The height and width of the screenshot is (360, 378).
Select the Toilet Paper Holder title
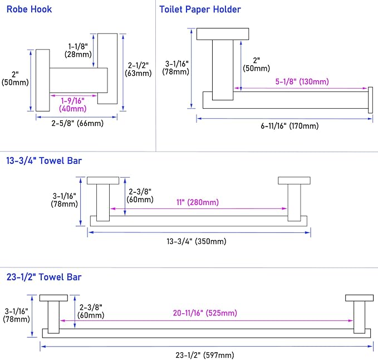[x=200, y=9]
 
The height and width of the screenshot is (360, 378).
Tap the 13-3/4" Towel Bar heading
[x=44, y=160]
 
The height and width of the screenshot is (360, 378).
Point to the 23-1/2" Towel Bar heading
[x=44, y=276]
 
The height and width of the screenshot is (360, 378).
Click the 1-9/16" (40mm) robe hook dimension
[x=72, y=104]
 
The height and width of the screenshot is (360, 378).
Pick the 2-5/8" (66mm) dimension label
[x=76, y=123]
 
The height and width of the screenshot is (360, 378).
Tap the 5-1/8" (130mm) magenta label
[x=302, y=81]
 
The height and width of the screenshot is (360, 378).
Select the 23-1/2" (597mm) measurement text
[x=205, y=355]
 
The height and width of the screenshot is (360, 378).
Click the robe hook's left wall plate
[x=43, y=80]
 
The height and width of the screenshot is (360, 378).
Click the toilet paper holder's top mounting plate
[x=222, y=33]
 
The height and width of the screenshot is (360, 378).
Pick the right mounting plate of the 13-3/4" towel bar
[x=293, y=180]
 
